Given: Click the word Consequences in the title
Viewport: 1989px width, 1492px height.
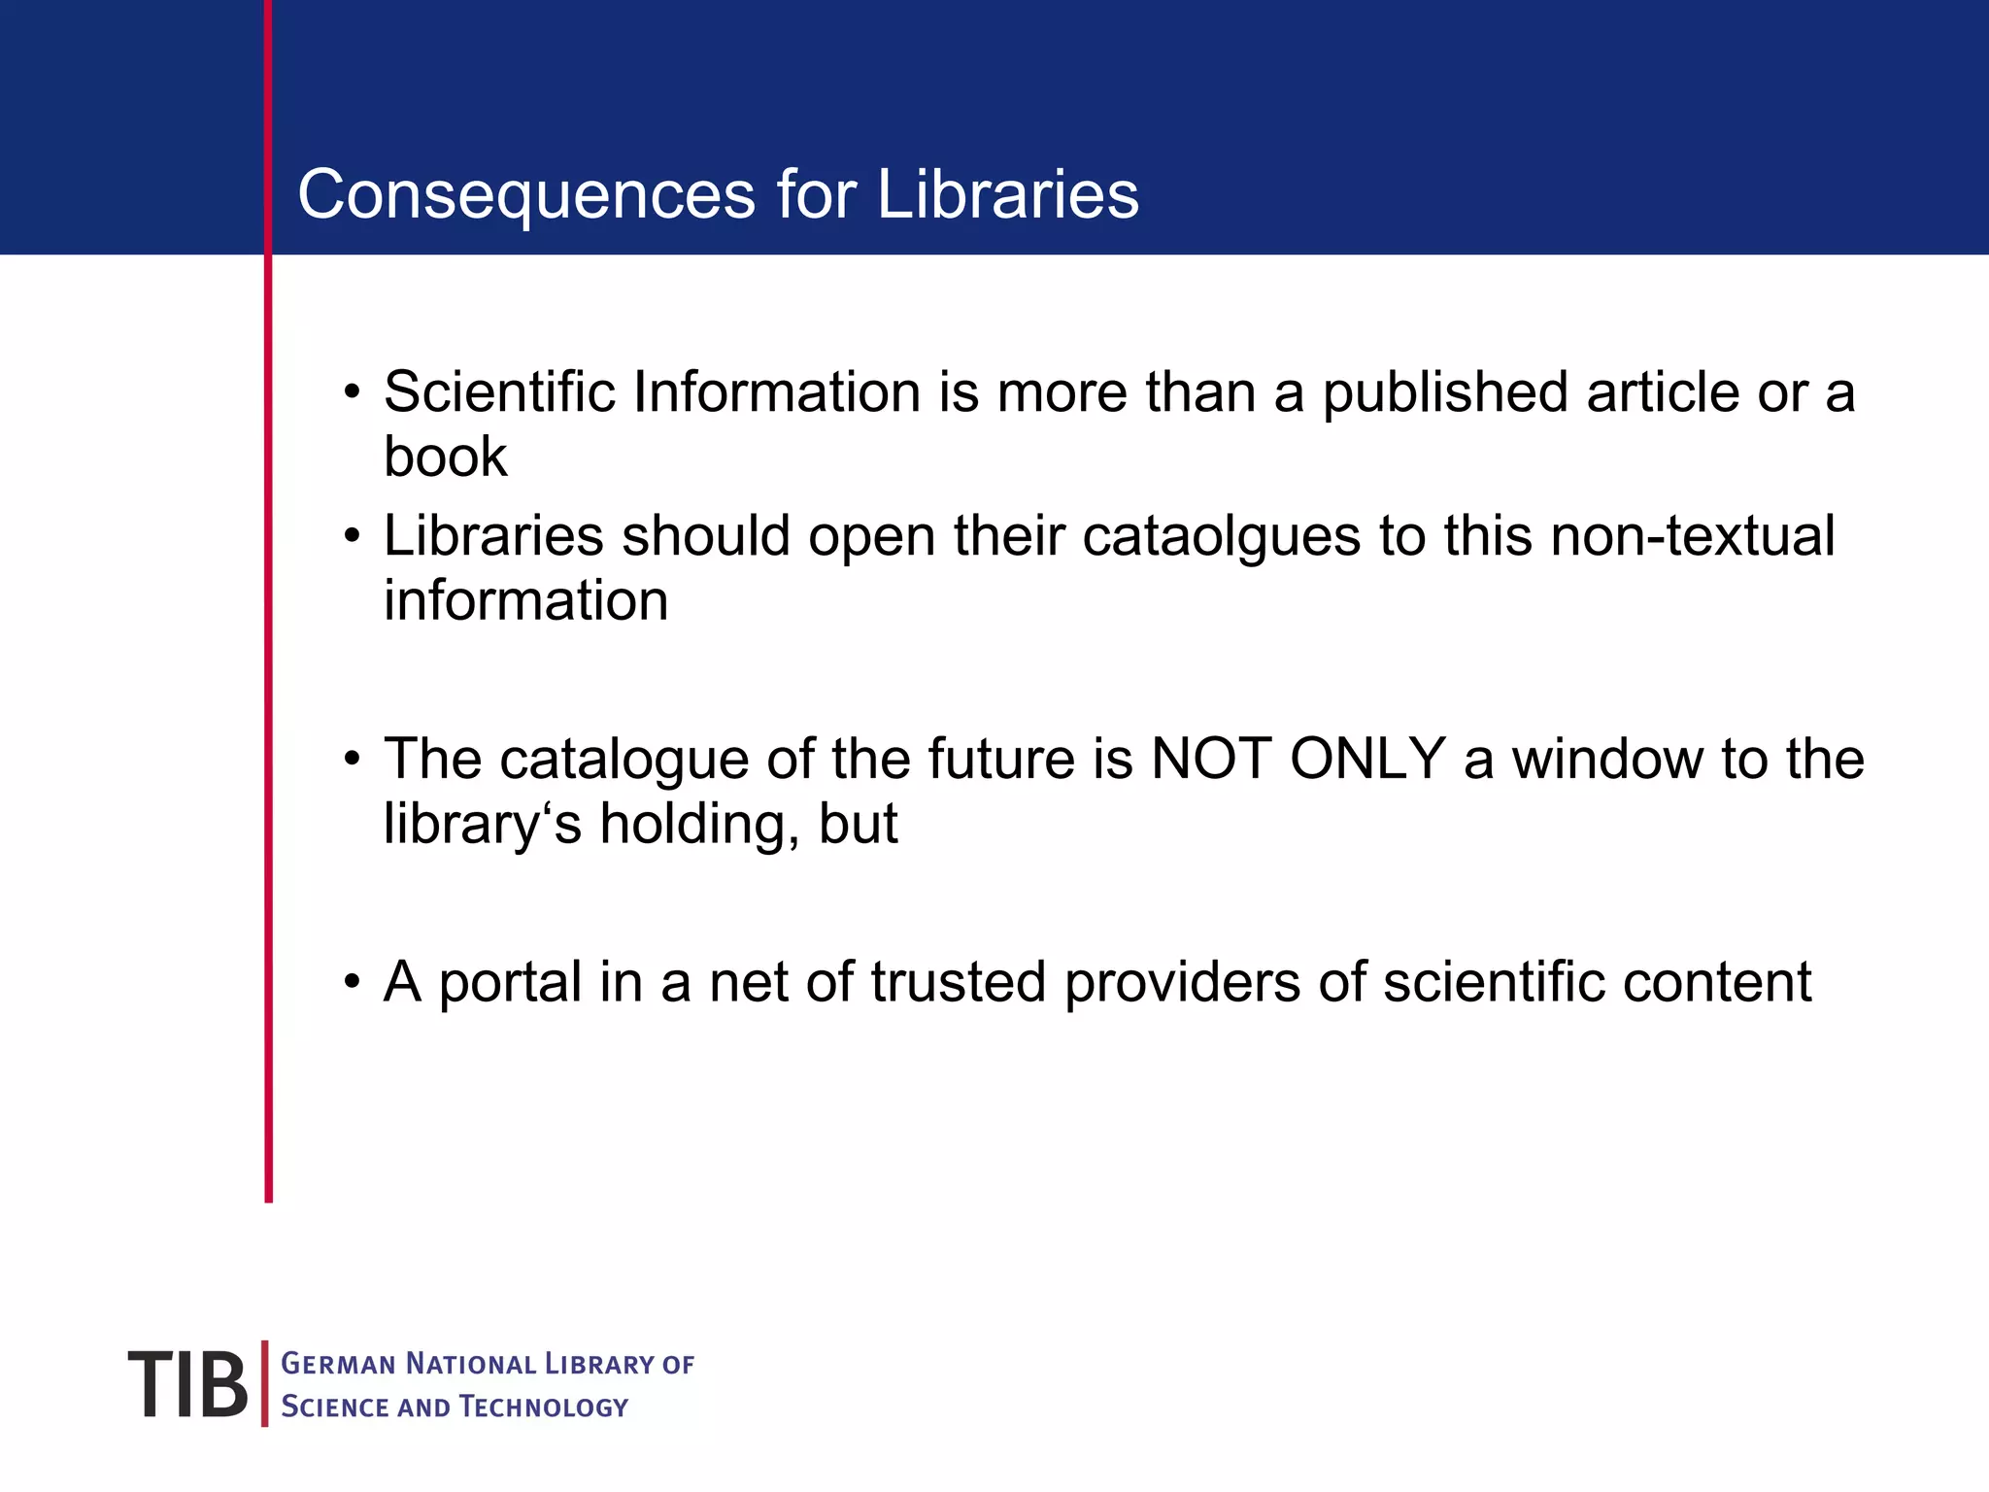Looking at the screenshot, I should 525,194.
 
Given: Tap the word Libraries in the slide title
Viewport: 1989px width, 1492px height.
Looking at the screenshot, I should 1007,194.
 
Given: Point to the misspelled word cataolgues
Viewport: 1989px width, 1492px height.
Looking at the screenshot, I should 1221,536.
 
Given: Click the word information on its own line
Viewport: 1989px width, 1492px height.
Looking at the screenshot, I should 525,600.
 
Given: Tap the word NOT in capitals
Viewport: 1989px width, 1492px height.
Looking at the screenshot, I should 1210,759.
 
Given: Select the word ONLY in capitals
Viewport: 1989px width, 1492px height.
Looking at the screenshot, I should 1367,759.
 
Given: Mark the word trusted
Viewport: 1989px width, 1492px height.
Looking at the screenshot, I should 958,982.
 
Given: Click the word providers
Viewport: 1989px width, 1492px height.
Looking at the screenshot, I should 1182,982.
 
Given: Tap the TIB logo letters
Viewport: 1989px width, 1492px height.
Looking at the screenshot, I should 187,1384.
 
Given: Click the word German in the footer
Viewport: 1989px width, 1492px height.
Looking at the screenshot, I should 338,1364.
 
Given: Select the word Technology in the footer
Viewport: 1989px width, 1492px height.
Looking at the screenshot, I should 544,1407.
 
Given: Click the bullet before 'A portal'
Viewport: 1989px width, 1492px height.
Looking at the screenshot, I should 352,983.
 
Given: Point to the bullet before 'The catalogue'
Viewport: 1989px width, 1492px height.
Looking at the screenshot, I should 352,760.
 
